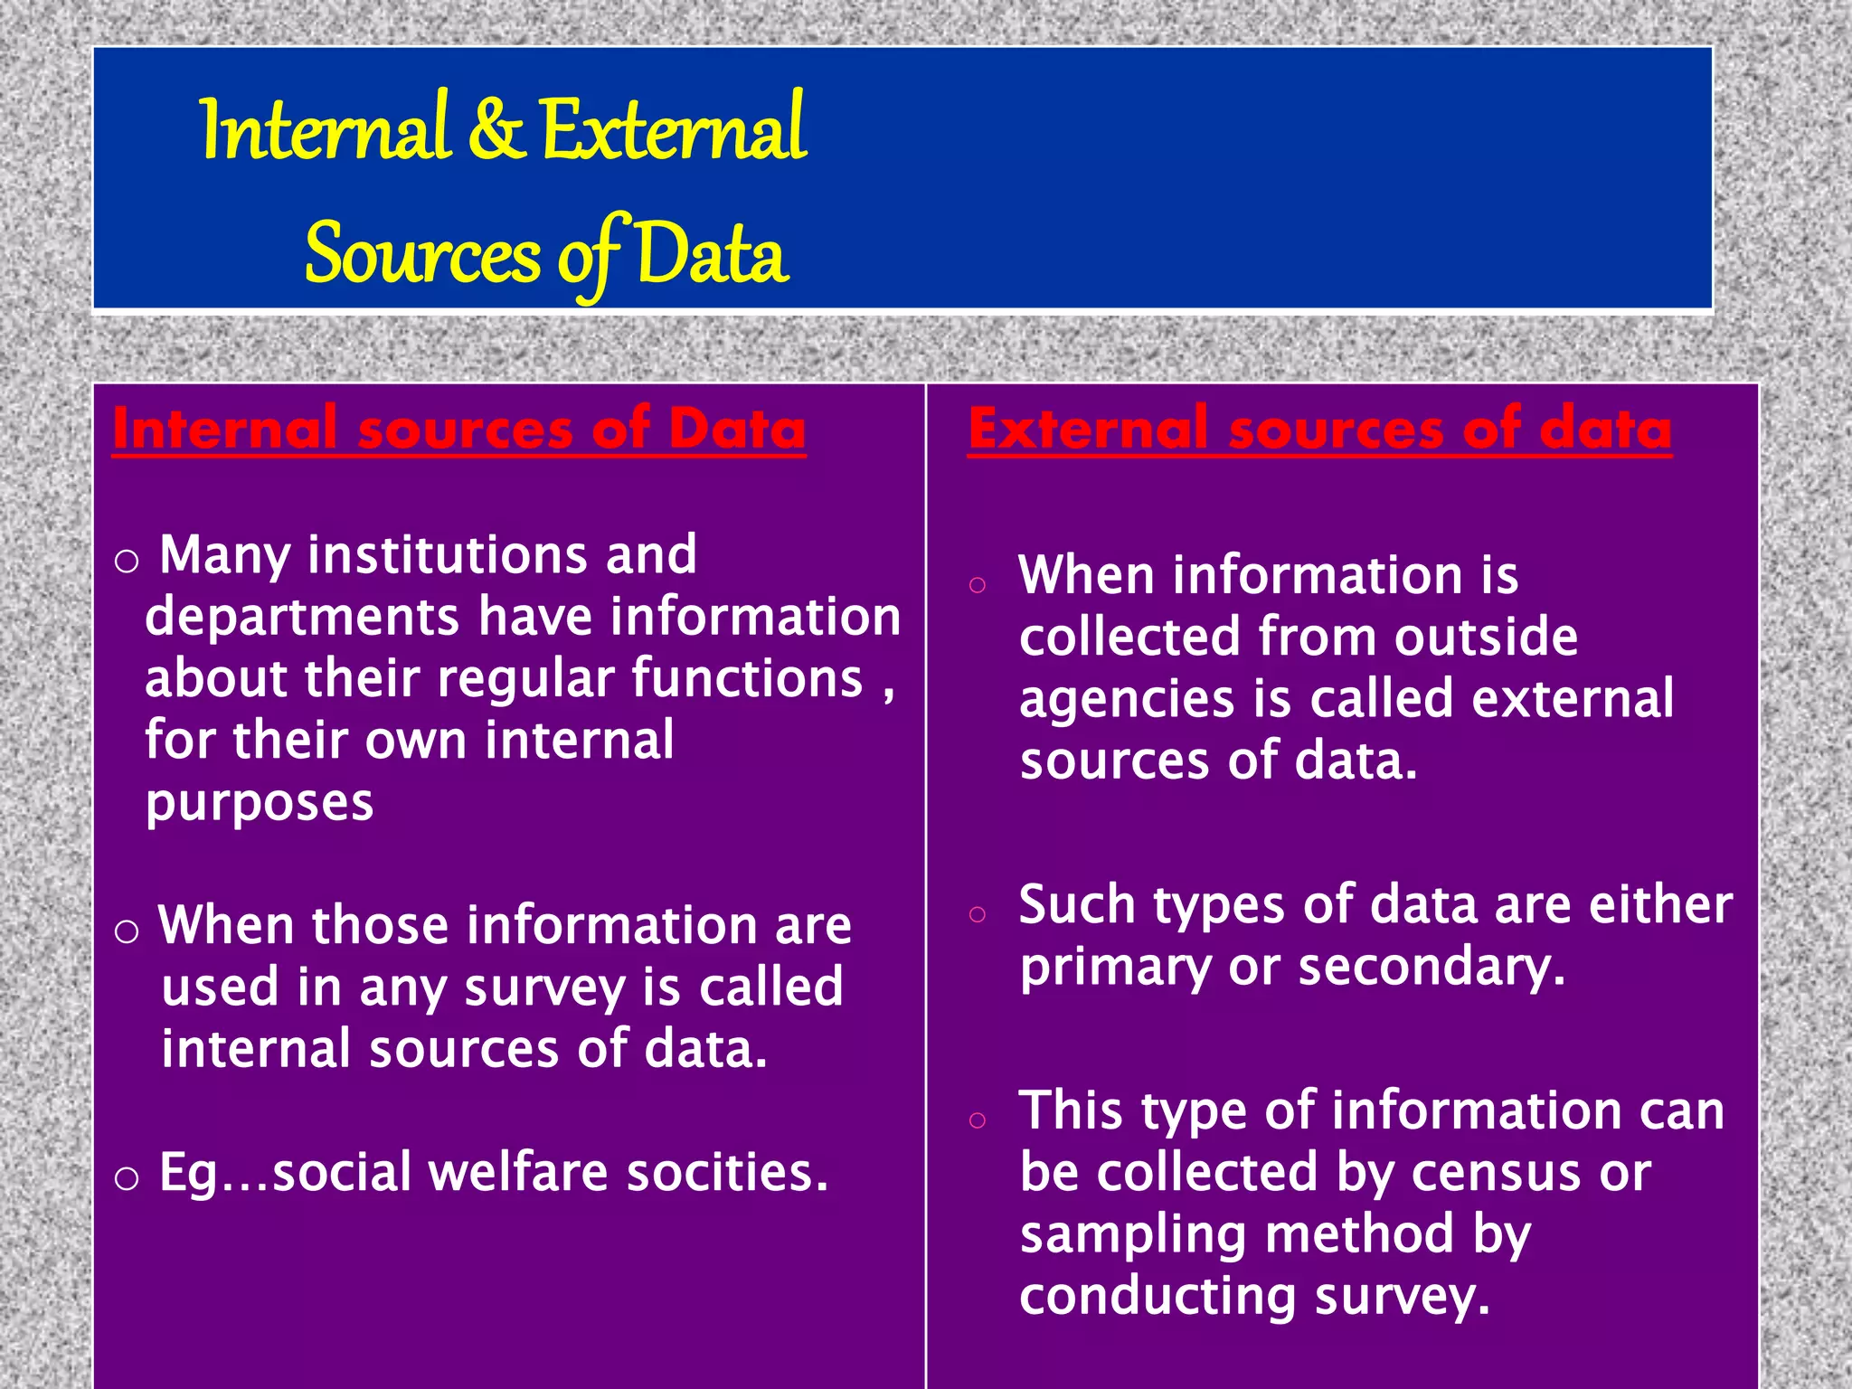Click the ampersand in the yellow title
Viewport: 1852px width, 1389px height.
495,131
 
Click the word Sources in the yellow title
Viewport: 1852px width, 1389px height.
422,255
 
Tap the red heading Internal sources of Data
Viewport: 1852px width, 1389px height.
459,429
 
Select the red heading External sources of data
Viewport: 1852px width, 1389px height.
1319,429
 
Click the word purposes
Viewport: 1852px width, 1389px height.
260,802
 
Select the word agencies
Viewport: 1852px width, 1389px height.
1127,699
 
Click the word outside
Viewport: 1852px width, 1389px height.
1486,637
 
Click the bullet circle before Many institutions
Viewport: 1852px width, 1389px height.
127,562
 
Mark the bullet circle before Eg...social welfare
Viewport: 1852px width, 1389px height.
127,1178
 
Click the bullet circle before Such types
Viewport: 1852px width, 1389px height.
977,914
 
